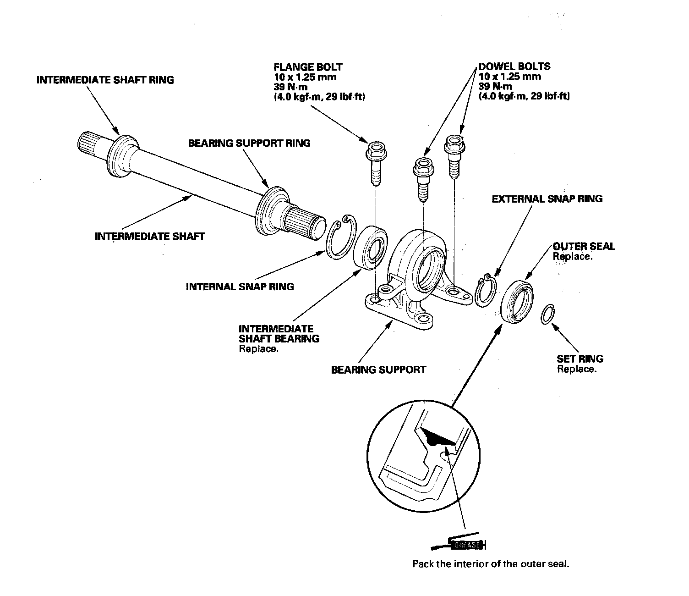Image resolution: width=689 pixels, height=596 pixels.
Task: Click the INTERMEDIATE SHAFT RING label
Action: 105,80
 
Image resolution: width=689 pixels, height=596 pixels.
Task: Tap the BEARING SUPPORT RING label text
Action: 249,143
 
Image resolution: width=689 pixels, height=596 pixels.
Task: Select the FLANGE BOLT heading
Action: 308,67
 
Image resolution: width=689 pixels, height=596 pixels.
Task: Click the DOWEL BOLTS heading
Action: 514,66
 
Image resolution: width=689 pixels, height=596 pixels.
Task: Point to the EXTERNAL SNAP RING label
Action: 547,199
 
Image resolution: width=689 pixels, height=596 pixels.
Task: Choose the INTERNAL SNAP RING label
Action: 240,287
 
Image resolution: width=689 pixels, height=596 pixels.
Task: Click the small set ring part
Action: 547,315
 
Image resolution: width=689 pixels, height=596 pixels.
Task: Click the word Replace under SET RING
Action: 577,370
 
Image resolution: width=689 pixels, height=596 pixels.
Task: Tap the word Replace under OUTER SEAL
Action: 573,257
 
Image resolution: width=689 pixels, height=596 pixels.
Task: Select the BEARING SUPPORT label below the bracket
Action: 378,370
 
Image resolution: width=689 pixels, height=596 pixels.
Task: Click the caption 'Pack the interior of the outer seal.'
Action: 491,564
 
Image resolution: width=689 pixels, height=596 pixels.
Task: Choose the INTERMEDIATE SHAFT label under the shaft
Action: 150,237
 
